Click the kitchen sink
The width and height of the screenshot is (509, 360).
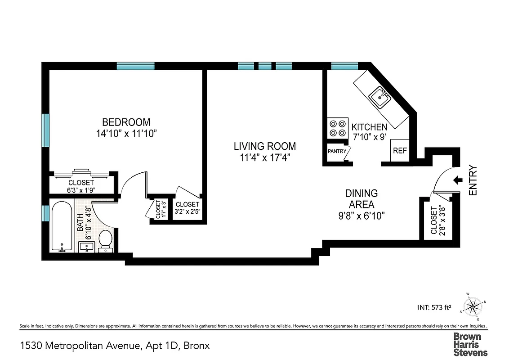tap(380, 97)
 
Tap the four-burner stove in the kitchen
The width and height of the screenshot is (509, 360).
tap(338, 128)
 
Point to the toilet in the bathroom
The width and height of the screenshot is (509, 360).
tap(105, 239)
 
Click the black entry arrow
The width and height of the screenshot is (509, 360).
tap(458, 180)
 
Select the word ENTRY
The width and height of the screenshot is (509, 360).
tap(473, 180)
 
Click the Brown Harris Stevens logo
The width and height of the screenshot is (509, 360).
tap(470, 344)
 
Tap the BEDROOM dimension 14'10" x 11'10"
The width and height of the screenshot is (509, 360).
tap(126, 134)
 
